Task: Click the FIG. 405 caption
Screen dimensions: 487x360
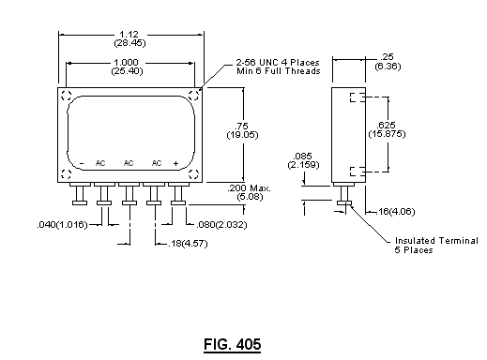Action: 232,345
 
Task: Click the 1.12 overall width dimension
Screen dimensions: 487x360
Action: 129,38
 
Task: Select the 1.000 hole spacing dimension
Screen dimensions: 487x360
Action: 127,67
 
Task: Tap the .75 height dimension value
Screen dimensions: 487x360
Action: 242,130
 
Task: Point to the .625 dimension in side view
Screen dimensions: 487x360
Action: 387,129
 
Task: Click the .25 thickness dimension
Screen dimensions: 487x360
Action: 388,61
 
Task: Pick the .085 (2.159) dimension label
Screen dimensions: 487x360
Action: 303,160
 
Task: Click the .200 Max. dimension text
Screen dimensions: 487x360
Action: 250,192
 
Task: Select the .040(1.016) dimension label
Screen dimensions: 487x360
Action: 62,225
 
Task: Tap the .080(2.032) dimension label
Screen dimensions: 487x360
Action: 221,225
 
